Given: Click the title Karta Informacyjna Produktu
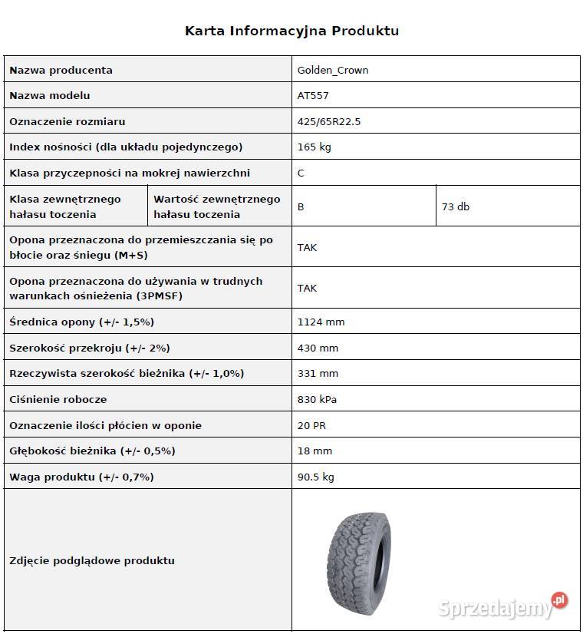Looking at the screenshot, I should (291, 31).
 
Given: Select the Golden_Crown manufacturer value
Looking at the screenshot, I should (333, 70).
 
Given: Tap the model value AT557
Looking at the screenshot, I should (313, 95).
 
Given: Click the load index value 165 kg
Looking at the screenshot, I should (314, 147).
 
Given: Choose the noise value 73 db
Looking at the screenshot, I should (456, 206).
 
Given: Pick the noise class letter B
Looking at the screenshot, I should (301, 206).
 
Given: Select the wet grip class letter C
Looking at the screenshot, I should (301, 173).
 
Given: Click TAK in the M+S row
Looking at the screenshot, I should (307, 247).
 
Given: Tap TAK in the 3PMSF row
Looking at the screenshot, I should (307, 288).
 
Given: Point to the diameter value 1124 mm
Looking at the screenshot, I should (321, 322).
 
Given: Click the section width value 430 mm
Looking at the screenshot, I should (318, 348).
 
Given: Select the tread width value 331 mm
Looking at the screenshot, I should (318, 373).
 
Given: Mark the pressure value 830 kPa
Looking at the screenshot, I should (317, 399).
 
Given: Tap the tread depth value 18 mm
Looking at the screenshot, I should (315, 451).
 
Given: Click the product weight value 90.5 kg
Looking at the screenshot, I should (316, 477).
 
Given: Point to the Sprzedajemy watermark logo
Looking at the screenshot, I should (502, 607).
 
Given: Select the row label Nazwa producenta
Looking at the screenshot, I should (61, 70).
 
